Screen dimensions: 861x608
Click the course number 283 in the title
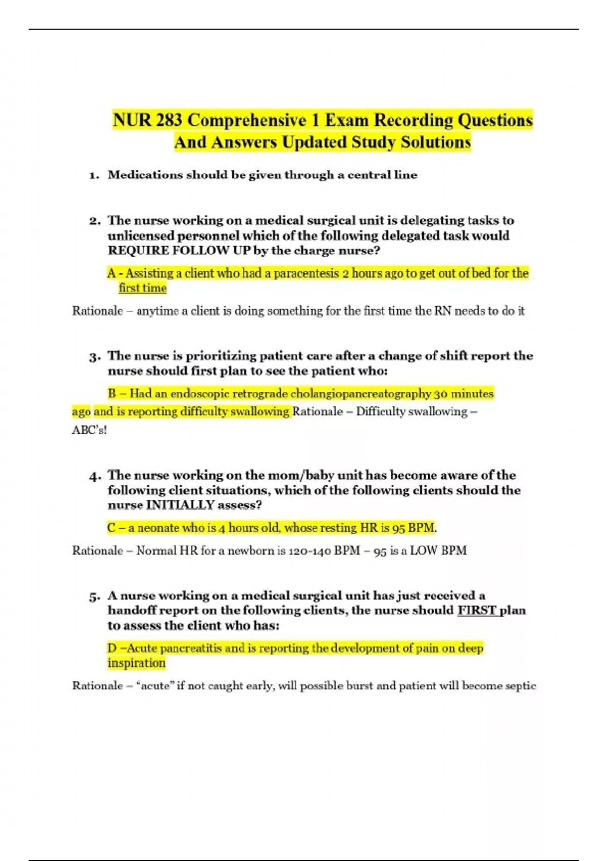click(170, 121)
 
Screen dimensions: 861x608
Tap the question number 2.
click(94, 221)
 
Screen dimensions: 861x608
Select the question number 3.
click(94, 357)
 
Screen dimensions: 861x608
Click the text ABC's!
click(90, 430)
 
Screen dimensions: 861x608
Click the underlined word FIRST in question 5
click(477, 611)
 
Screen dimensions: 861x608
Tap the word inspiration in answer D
click(136, 663)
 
